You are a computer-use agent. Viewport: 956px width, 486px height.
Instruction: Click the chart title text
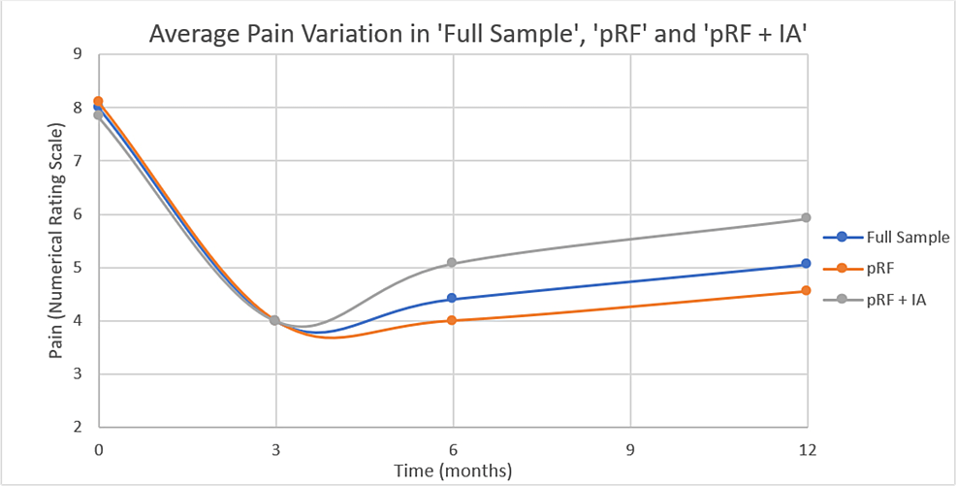coord(477,35)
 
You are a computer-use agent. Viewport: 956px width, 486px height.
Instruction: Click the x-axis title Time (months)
coord(452,470)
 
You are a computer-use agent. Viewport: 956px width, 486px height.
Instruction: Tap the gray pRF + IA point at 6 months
coord(453,263)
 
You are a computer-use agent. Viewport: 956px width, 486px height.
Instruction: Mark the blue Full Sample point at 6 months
coord(453,299)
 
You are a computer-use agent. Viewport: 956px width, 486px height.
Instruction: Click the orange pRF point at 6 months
coord(453,320)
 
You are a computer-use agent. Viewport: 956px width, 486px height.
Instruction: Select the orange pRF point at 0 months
coord(98,101)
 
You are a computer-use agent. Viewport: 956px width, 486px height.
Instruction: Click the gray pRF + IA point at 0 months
coord(98,114)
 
